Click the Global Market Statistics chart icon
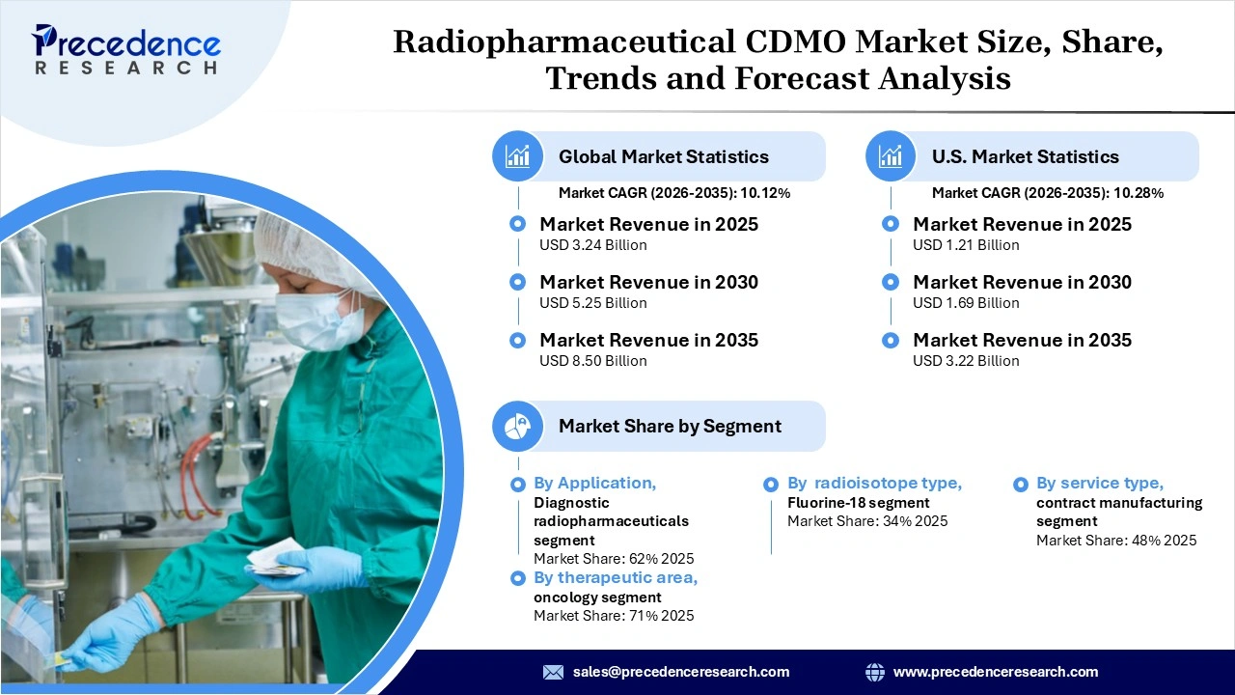[x=518, y=156]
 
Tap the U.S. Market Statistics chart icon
[x=892, y=156]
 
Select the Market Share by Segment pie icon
[x=518, y=426]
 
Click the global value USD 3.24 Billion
[x=592, y=245]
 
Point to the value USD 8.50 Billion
[x=592, y=361]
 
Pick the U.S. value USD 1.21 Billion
[x=966, y=245]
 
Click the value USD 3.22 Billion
[x=966, y=361]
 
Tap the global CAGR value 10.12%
[x=765, y=193]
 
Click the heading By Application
[x=594, y=483]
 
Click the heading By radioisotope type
[x=874, y=483]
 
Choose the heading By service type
[x=1100, y=483]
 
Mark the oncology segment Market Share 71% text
[x=614, y=616]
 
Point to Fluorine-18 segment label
[x=858, y=502]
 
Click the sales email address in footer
[x=681, y=672]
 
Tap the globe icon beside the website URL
[x=875, y=672]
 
